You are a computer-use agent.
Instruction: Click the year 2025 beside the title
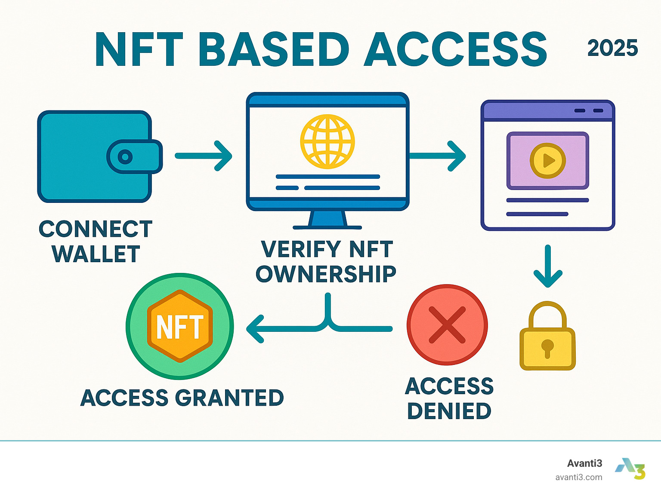[x=612, y=48]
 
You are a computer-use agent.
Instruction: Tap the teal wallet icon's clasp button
[x=125, y=157]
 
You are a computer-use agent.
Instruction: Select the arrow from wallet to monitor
[x=204, y=156]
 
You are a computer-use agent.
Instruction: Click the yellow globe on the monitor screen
[x=327, y=141]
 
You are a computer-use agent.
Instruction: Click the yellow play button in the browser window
[x=547, y=161]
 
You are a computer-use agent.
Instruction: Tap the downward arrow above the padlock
[x=548, y=266]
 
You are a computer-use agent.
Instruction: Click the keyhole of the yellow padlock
[x=547, y=347]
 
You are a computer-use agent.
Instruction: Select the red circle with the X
[x=447, y=325]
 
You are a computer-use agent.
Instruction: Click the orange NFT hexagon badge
[x=180, y=326]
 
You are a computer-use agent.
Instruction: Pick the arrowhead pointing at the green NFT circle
[x=255, y=329]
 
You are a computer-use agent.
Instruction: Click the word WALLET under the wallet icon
[x=96, y=254]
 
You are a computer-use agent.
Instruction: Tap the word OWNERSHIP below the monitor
[x=326, y=274]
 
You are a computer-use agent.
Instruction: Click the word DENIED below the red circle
[x=449, y=411]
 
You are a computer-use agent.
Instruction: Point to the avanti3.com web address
[x=578, y=477]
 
